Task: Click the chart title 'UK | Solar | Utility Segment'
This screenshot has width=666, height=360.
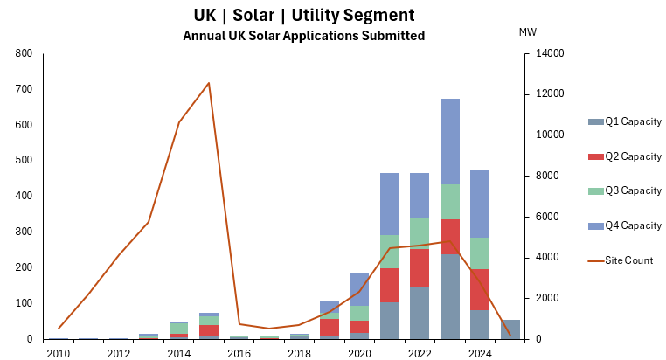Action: tap(303, 16)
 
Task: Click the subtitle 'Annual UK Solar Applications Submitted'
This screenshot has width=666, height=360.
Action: tap(303, 36)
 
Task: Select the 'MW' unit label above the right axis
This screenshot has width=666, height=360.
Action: tap(528, 32)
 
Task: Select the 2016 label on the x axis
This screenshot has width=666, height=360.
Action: tap(239, 353)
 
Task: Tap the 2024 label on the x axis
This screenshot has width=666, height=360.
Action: tap(479, 353)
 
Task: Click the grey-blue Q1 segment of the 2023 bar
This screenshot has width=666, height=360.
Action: tap(449, 297)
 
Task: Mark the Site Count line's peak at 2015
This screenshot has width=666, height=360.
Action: tap(209, 83)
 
